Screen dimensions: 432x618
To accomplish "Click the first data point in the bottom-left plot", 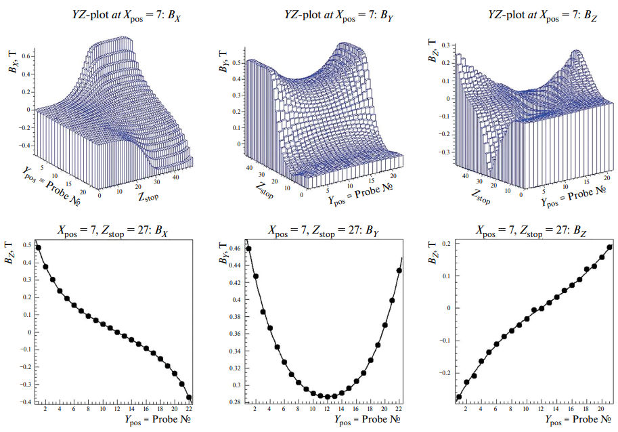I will click(39, 248).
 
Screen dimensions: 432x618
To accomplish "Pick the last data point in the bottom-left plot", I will click(189, 397).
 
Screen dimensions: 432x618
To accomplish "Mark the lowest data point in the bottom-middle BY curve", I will click(328, 397).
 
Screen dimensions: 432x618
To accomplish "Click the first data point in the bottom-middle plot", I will click(249, 249).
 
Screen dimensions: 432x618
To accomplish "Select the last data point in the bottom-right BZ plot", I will click(609, 247).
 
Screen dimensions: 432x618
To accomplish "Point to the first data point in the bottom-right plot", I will click(459, 397).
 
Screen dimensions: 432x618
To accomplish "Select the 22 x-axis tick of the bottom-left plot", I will click(190, 410).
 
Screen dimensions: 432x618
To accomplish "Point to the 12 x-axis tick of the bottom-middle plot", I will click(326, 410).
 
